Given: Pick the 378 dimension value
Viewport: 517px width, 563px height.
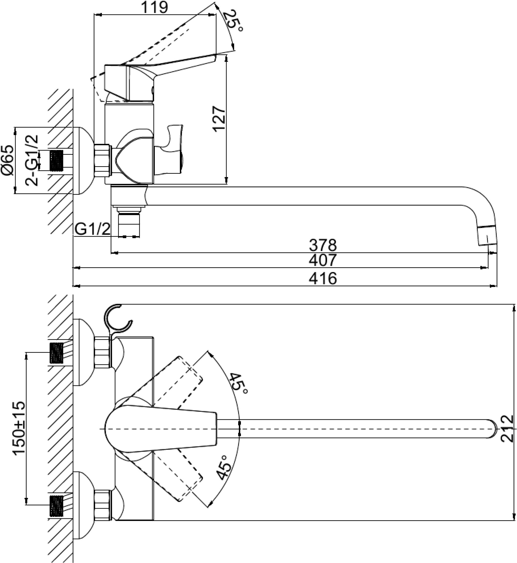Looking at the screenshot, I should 323,245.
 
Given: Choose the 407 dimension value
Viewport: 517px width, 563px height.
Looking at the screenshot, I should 323,260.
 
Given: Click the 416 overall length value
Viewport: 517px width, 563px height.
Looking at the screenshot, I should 323,278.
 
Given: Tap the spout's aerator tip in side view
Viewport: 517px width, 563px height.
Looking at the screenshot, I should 487,235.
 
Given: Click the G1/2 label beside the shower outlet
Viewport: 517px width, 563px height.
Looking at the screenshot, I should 92,230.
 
